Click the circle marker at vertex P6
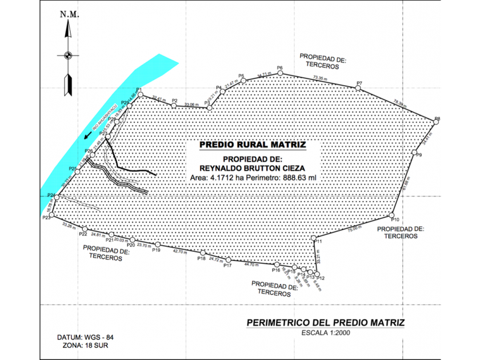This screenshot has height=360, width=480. click(280, 73)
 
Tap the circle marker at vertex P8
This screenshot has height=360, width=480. click(437, 121)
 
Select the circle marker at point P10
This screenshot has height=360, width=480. click(392, 215)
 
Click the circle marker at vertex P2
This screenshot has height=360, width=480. click(174, 105)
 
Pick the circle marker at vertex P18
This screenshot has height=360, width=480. click(202, 254)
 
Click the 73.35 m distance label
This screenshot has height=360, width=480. click(320, 78)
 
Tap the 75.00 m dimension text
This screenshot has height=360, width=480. click(355, 228)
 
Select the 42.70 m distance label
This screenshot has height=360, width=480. click(180, 251)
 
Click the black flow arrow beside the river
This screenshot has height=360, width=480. click(86, 136)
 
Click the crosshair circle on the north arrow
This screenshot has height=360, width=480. click(68, 55)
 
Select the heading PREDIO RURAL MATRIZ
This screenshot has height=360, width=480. click(253, 145)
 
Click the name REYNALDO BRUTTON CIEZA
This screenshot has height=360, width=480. click(253, 168)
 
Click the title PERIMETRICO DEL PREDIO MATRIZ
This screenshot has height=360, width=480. click(325, 323)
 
